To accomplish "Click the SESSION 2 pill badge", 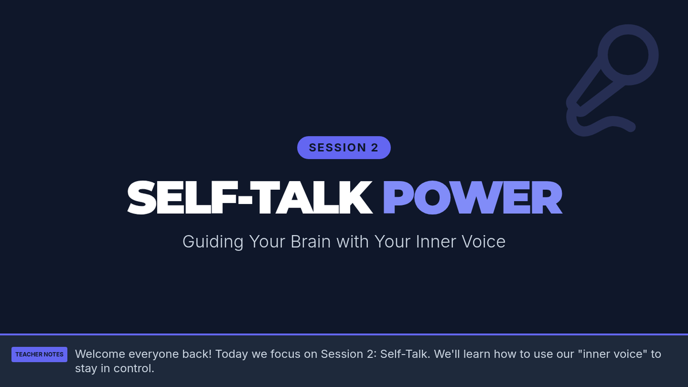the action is click(343, 147).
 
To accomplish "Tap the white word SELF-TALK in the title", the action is click(250, 197).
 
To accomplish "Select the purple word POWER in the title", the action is click(472, 197).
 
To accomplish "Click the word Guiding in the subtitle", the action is click(213, 242).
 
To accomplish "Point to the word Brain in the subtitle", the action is click(311, 241).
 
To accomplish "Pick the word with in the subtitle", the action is click(353, 241).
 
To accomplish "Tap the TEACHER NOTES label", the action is click(40, 354).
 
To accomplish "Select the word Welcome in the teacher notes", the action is click(100, 354).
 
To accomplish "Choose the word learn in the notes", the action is click(477, 354).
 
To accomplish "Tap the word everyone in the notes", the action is click(154, 355).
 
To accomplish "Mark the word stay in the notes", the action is click(87, 369).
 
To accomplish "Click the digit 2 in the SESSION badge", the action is click(375, 148).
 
